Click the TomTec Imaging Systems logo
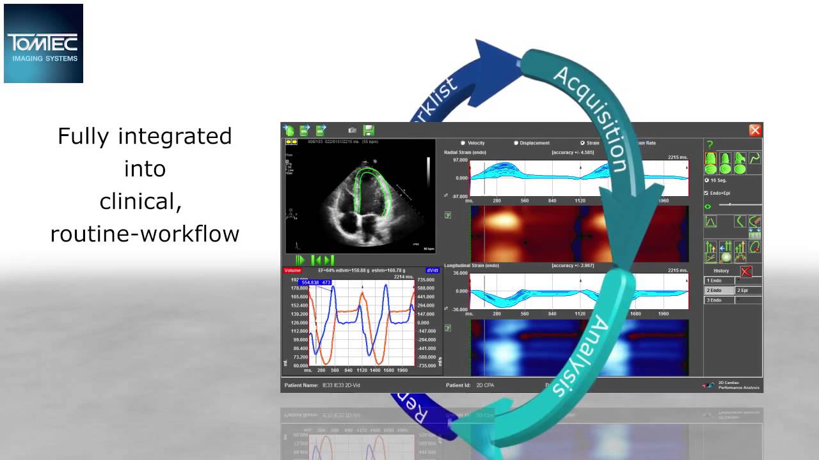[x=44, y=43]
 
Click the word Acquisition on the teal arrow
[x=589, y=119]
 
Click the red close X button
[x=755, y=130]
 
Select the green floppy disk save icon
[x=369, y=130]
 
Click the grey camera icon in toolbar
[x=352, y=130]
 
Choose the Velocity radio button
[x=463, y=143]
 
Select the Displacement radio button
[x=516, y=143]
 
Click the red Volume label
[x=292, y=271]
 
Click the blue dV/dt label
[x=432, y=271]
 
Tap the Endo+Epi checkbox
[x=706, y=193]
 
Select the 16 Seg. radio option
[x=706, y=181]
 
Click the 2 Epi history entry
[x=748, y=291]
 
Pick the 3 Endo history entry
[x=719, y=300]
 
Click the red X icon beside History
[x=745, y=271]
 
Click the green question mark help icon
[x=710, y=145]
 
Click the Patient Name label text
[x=301, y=386]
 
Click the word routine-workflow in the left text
[x=145, y=234]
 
